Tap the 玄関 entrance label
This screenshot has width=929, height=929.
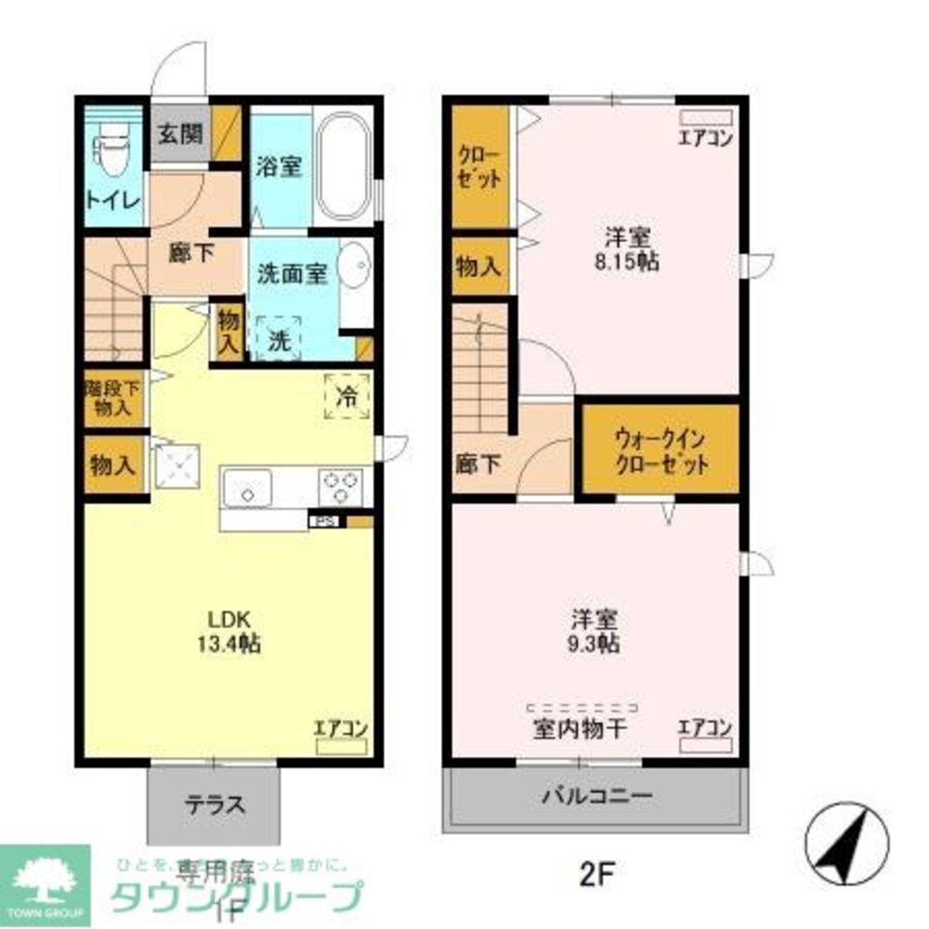pos(178,135)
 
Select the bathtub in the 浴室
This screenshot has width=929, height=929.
pos(344,166)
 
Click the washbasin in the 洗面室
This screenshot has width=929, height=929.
pos(353,267)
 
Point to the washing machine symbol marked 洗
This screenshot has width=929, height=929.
pos(278,340)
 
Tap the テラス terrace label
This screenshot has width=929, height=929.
pos(214,805)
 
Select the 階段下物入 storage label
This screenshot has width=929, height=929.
pos(114,399)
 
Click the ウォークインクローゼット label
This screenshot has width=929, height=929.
pos(661,450)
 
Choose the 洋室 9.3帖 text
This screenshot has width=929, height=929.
pos(595,630)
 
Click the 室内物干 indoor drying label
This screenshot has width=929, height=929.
pos(579,728)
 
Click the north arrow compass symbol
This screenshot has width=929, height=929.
pos(845,841)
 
